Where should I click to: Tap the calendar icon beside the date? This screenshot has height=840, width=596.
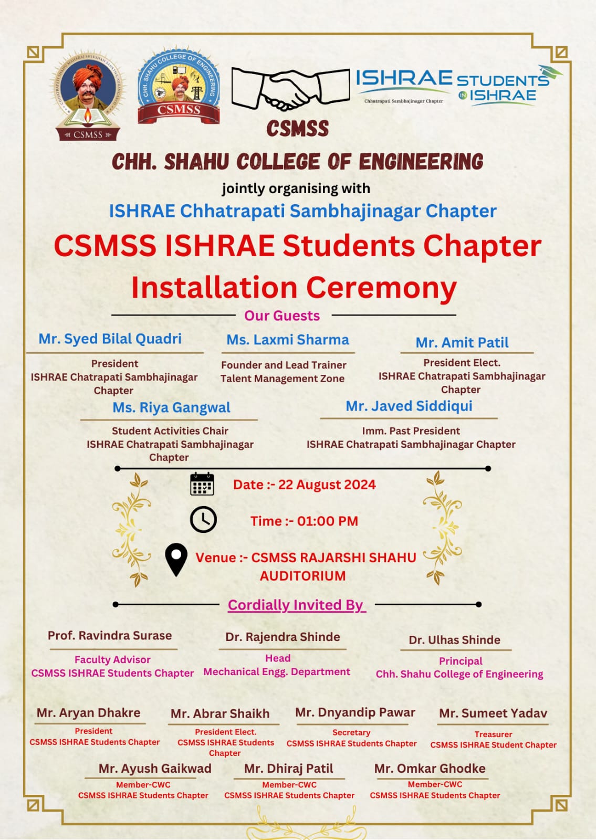click(x=202, y=484)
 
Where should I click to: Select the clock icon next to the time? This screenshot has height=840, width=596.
click(x=203, y=520)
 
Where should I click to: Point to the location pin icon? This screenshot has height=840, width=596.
click(x=176, y=559)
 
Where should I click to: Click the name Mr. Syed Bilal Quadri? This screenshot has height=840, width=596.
click(x=110, y=339)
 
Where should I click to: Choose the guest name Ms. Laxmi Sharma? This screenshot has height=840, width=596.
click(x=288, y=340)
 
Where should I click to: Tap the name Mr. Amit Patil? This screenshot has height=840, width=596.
click(x=462, y=343)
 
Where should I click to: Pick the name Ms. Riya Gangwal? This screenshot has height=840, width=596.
click(x=171, y=408)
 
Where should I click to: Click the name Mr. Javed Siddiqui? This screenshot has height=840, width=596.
click(x=409, y=406)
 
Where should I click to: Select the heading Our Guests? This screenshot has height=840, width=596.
click(x=282, y=316)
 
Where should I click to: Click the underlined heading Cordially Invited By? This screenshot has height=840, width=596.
click(x=296, y=605)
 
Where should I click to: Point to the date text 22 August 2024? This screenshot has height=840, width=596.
click(x=327, y=485)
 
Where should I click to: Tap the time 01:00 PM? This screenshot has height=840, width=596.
click(x=328, y=521)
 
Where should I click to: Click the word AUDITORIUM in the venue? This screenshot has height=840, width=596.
click(x=303, y=576)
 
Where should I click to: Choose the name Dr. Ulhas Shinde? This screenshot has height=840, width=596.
click(x=455, y=640)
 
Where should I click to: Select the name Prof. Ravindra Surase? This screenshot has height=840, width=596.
click(x=110, y=636)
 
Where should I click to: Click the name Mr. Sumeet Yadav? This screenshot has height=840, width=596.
click(x=493, y=713)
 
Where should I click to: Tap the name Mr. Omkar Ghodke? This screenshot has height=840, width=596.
click(x=430, y=769)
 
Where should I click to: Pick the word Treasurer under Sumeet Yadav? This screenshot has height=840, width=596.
click(x=493, y=734)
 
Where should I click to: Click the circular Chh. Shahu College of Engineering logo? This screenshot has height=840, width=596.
click(x=179, y=86)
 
